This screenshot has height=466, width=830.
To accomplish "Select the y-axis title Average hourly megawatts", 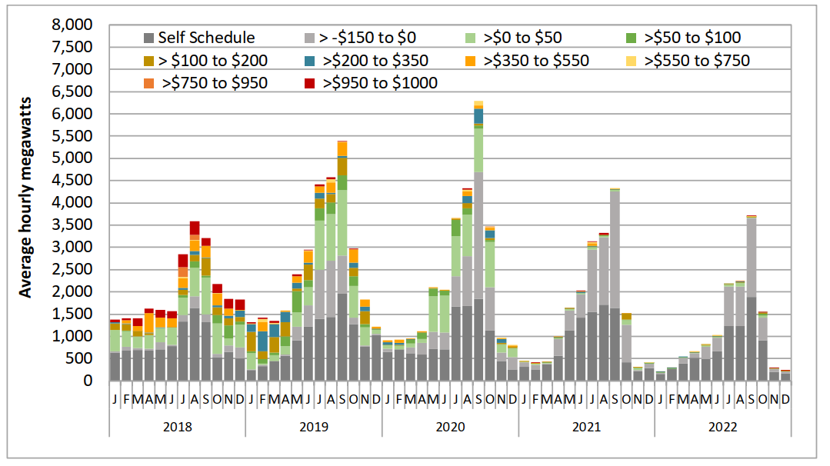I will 25,198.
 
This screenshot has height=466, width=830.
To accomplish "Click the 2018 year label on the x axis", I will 177,426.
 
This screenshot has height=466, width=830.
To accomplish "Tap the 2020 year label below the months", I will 450,426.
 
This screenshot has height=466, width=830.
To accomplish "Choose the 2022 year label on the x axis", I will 722,426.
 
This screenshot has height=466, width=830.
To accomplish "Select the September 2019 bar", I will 342,261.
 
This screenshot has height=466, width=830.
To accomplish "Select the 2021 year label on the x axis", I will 586,426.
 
